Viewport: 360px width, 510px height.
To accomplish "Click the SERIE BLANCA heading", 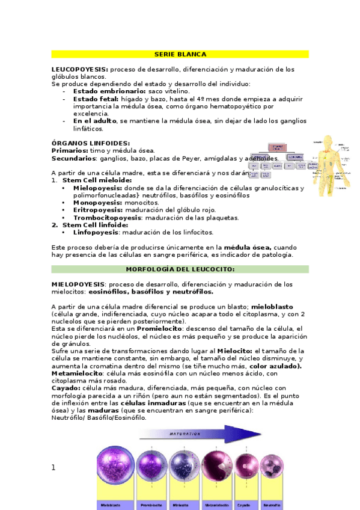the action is (180, 54).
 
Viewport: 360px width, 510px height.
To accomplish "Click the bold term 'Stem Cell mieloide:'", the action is (97, 180).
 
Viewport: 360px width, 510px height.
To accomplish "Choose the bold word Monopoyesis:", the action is (98, 203).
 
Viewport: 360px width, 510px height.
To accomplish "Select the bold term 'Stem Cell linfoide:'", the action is (95, 225).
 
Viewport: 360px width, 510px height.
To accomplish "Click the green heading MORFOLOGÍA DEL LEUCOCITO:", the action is (180, 269).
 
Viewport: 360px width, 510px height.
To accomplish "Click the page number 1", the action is (53, 467).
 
